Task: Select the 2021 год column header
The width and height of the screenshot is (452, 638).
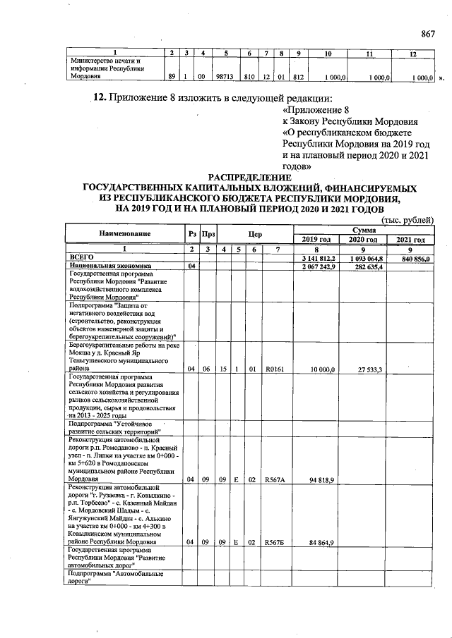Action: (411, 240)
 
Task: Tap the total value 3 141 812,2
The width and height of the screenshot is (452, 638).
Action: (319, 258)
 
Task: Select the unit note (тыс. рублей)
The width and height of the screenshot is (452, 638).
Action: (407, 220)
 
